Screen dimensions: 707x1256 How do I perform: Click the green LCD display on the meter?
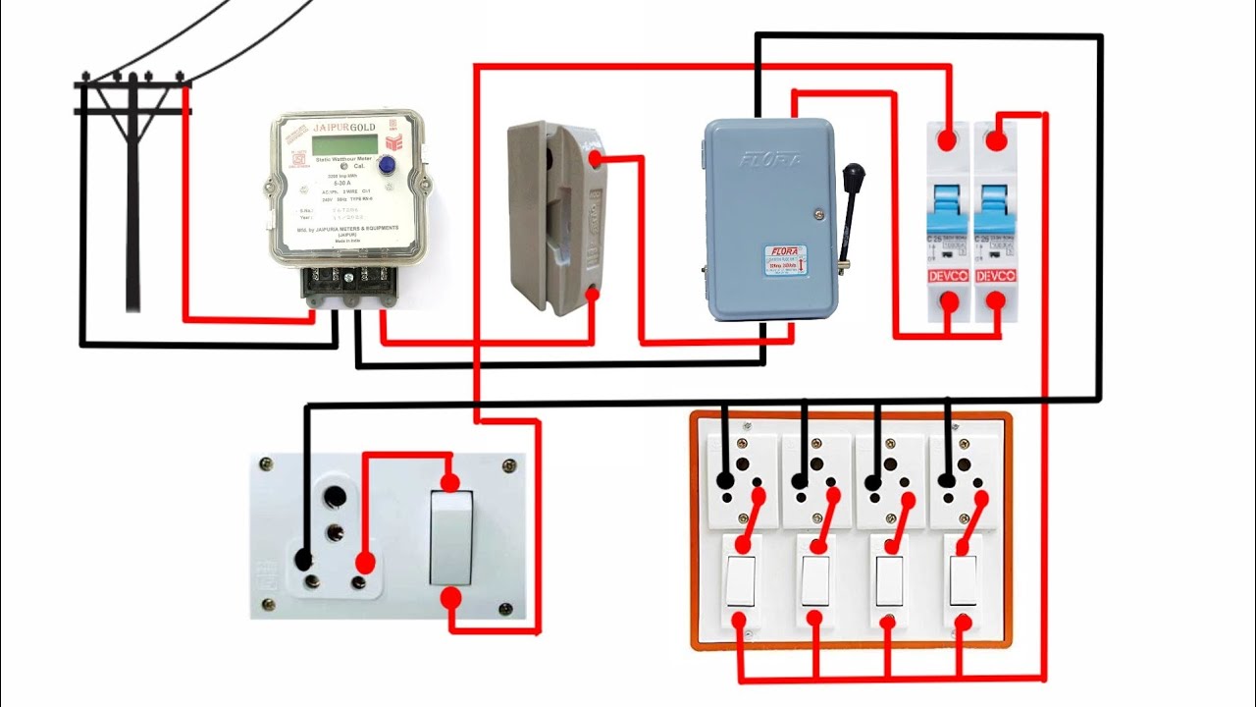click(344, 144)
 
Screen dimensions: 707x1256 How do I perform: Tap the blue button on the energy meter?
click(388, 166)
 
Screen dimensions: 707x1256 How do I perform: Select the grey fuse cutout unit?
click(554, 216)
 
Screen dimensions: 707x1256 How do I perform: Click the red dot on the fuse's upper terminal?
click(595, 157)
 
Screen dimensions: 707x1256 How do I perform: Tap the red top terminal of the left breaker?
click(947, 139)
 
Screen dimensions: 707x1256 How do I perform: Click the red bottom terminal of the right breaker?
click(996, 302)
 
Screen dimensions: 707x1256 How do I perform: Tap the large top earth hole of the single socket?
click(338, 496)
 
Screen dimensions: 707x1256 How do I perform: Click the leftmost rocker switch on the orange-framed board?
click(741, 581)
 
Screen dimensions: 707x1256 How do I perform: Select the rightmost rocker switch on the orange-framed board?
click(962, 581)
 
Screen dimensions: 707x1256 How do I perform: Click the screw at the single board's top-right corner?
click(507, 464)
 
